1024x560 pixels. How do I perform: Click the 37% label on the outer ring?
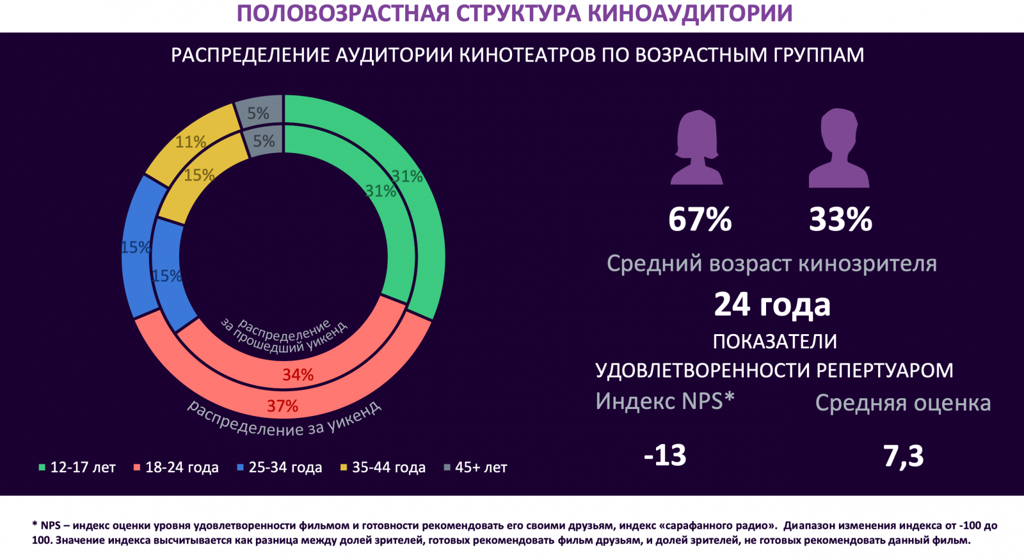coord(282,406)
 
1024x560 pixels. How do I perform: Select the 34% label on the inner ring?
coord(298,374)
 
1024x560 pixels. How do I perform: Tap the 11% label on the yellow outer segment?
coord(191,141)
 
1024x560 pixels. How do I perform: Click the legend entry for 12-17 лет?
coord(77,467)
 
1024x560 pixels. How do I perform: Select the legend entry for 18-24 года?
coord(176,467)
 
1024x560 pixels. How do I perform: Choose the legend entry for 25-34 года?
coord(279,467)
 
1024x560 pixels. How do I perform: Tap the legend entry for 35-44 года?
coord(383,467)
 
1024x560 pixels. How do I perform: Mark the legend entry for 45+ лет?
coord(476,467)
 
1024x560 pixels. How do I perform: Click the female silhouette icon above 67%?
coord(696,148)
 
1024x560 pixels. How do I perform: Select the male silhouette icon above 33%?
coord(838,148)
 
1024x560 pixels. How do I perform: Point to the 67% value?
coord(700,220)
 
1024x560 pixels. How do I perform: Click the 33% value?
coord(840,220)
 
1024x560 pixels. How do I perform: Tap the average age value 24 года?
coord(772,305)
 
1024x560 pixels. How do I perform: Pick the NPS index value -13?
coord(665,456)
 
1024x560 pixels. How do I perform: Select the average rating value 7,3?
coord(903,456)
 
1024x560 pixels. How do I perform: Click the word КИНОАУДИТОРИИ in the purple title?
coord(690,13)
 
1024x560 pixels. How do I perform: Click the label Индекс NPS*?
coord(665,401)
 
